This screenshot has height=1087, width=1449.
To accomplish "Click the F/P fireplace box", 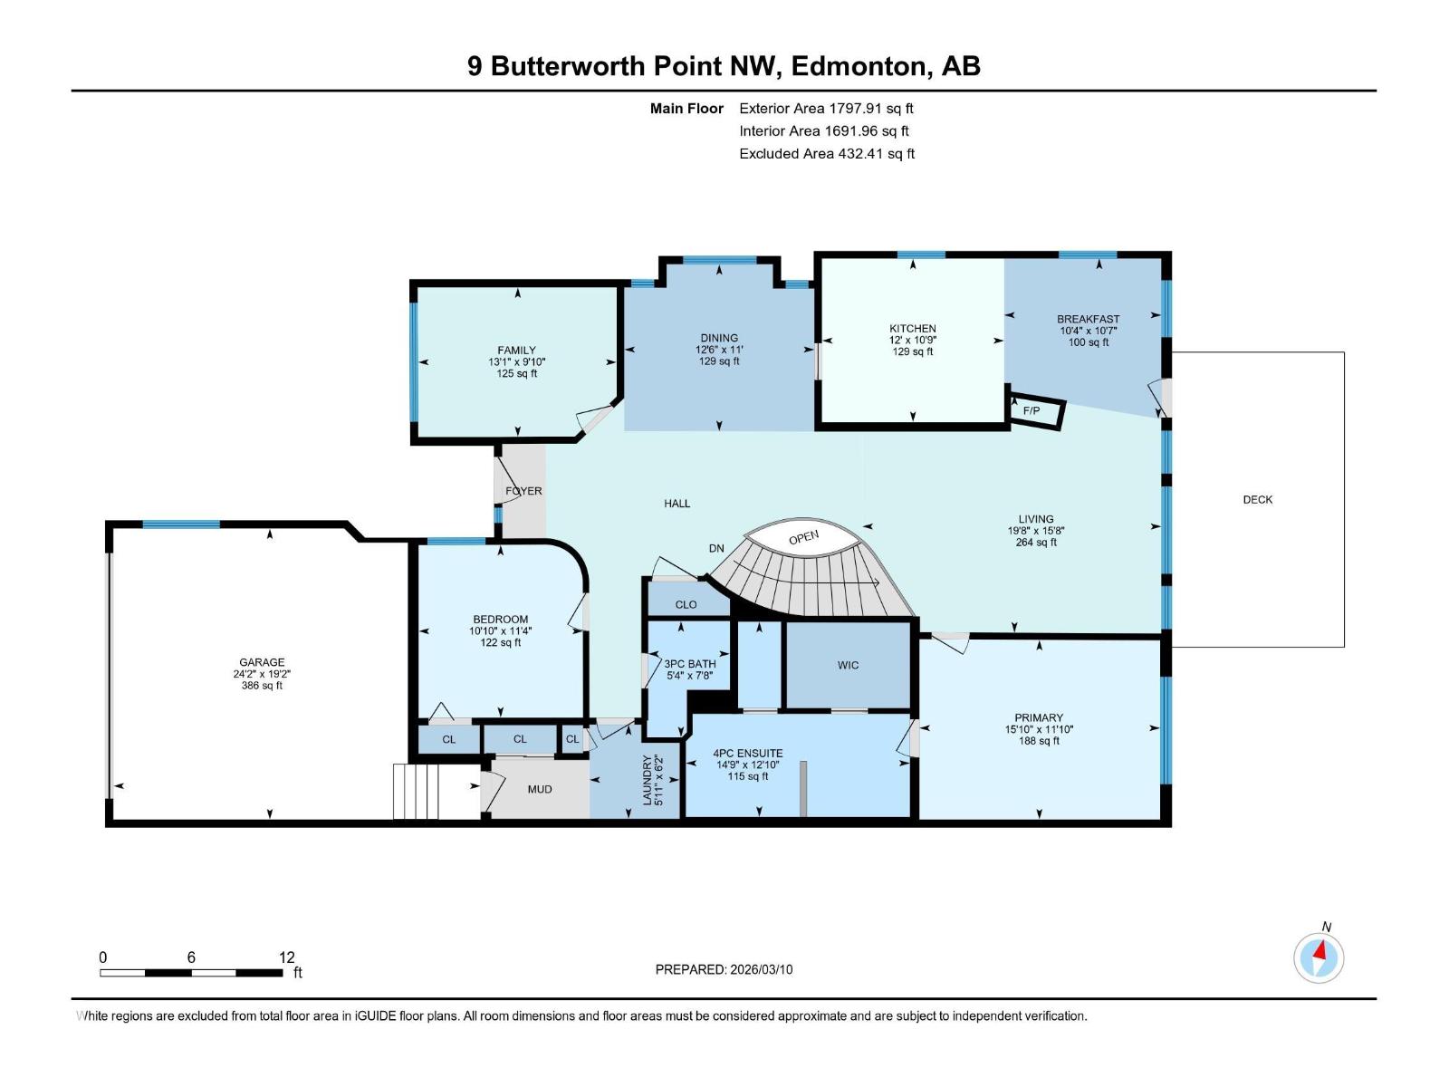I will [1033, 411].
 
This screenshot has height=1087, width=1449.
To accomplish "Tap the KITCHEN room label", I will [912, 329].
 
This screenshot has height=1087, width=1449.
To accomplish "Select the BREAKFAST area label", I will [1088, 319].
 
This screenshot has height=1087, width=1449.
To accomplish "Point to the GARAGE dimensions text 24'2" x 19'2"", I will [262, 674].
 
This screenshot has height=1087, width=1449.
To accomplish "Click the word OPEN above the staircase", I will [803, 537].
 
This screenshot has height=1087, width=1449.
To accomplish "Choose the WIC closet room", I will [848, 665].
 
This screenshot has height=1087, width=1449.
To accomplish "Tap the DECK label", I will [1257, 499].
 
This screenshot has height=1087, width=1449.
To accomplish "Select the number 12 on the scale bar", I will [286, 957].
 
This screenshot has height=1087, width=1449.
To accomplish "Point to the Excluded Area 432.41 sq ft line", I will [826, 154].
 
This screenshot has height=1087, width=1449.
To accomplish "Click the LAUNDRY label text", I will [647, 780].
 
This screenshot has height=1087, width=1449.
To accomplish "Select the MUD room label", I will [540, 789].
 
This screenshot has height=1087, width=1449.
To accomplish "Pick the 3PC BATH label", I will [689, 664].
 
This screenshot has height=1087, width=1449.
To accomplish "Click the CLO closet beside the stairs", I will [686, 604].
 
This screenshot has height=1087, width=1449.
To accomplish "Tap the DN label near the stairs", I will [716, 548].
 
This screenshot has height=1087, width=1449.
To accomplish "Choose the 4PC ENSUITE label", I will [747, 753].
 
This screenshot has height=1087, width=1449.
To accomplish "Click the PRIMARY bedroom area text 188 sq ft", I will [1039, 741].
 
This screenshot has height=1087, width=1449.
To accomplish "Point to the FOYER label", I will [523, 491].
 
